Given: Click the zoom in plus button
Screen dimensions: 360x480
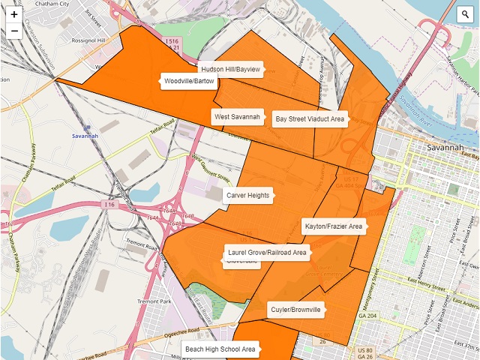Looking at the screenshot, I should tap(14, 14).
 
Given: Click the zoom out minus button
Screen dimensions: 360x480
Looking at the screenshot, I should tap(14, 31).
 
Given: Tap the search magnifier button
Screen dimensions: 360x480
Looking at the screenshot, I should tap(466, 14).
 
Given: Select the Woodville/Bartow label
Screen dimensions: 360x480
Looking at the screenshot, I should tap(190, 81).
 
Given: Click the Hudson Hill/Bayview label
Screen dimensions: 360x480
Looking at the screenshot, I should tap(230, 69).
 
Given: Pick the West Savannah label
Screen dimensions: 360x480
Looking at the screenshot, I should tap(237, 117).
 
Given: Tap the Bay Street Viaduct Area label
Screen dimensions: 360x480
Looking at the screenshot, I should tap(310, 118).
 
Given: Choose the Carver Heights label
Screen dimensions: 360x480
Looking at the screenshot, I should tap(247, 196).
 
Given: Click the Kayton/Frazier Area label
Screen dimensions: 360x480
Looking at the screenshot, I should tap(334, 226).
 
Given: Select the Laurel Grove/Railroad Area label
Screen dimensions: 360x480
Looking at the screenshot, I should tap(268, 253).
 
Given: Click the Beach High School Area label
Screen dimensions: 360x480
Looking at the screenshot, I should tap(220, 349).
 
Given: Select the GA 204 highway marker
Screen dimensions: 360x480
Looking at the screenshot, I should tap(367, 316).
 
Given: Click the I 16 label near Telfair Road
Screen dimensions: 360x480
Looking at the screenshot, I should tap(112, 204).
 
